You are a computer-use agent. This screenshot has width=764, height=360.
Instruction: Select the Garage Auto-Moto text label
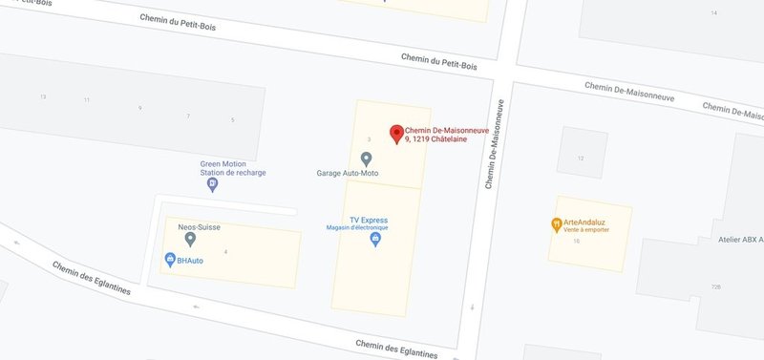354,174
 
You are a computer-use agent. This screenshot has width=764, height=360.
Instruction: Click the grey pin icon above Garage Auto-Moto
366,159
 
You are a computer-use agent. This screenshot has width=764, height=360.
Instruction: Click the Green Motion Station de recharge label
233,168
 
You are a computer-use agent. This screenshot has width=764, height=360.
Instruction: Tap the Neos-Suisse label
200,226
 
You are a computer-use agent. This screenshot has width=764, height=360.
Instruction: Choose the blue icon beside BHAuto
169,260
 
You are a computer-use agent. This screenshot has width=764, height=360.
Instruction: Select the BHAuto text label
189,260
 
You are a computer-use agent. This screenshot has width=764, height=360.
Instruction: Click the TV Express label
368,219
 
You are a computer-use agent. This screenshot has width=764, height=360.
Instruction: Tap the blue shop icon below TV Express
375,240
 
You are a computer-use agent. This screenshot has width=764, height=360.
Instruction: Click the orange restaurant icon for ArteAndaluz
556,225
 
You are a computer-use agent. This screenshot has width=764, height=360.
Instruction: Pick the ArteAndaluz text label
584,222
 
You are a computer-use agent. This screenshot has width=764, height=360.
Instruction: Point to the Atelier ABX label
740,240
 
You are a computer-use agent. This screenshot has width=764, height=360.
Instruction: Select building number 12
581,159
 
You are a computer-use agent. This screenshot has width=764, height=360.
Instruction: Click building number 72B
715,286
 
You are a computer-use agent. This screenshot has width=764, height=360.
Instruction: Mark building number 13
43,97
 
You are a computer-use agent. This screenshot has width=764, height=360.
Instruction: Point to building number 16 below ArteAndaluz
577,241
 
